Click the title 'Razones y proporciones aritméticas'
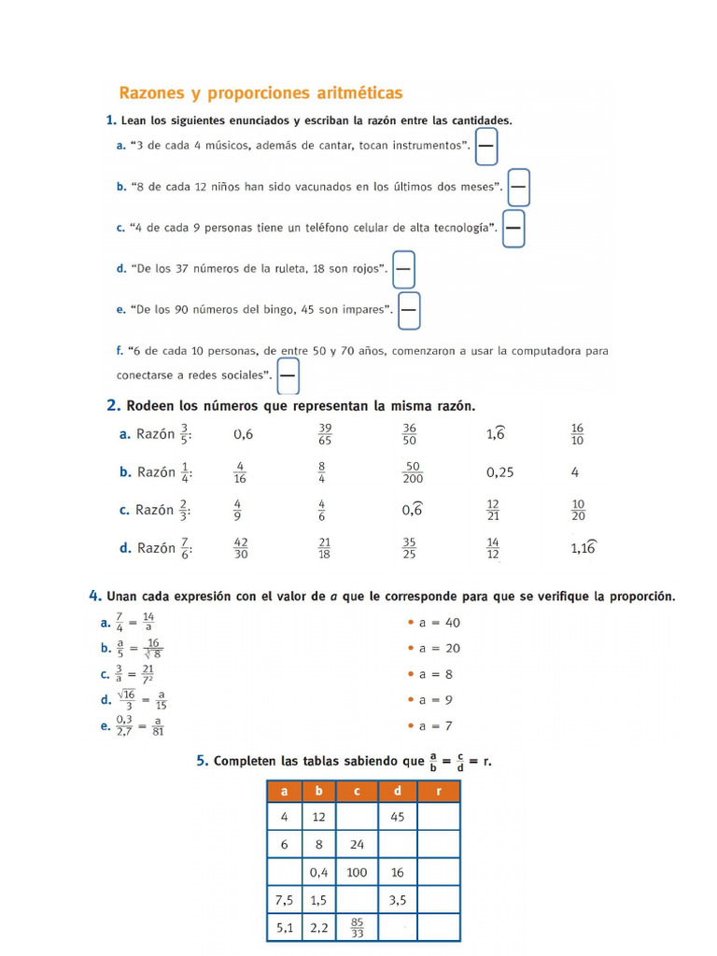click(x=260, y=93)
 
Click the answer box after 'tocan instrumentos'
click(x=486, y=146)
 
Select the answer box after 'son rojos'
click(x=403, y=270)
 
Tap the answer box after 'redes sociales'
click(x=288, y=376)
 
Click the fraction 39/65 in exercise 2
click(x=325, y=434)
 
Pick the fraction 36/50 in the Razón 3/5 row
click(x=409, y=434)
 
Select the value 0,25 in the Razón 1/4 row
click(x=499, y=472)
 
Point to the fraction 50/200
click(x=412, y=472)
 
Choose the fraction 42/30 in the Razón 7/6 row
click(x=241, y=548)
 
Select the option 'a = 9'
click(x=435, y=700)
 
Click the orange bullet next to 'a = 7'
click(x=411, y=725)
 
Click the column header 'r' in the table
click(x=438, y=792)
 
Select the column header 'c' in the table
click(x=357, y=792)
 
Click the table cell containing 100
click(x=357, y=872)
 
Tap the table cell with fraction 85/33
click(x=357, y=927)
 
